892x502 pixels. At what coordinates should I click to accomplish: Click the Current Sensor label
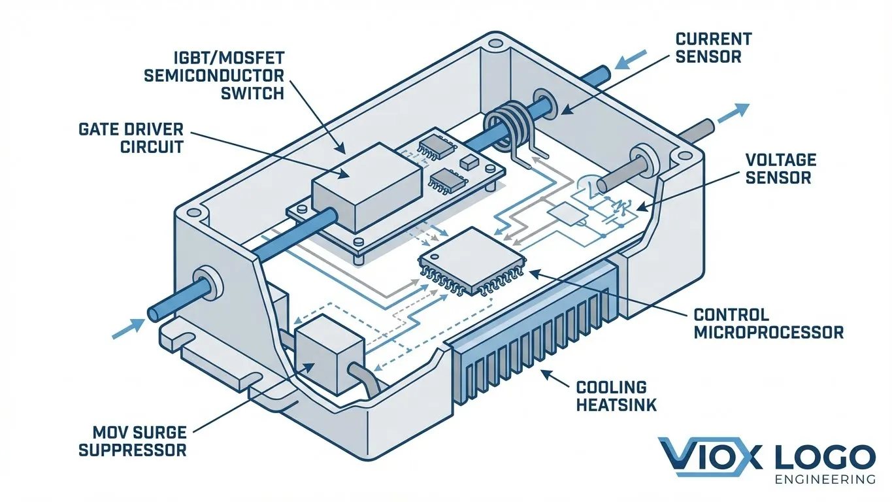pos(714,48)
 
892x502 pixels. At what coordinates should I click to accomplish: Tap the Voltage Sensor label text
pos(780,168)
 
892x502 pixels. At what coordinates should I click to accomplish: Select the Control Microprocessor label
pos(768,324)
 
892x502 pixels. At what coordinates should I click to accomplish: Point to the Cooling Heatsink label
pos(616,395)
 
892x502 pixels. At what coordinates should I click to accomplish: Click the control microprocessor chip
pos(472,258)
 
